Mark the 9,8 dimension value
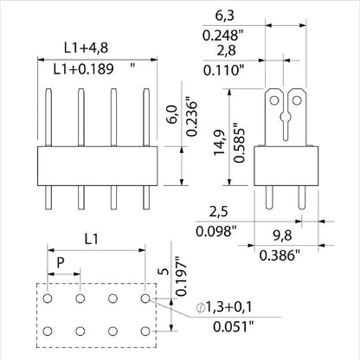click(x=280, y=235)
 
